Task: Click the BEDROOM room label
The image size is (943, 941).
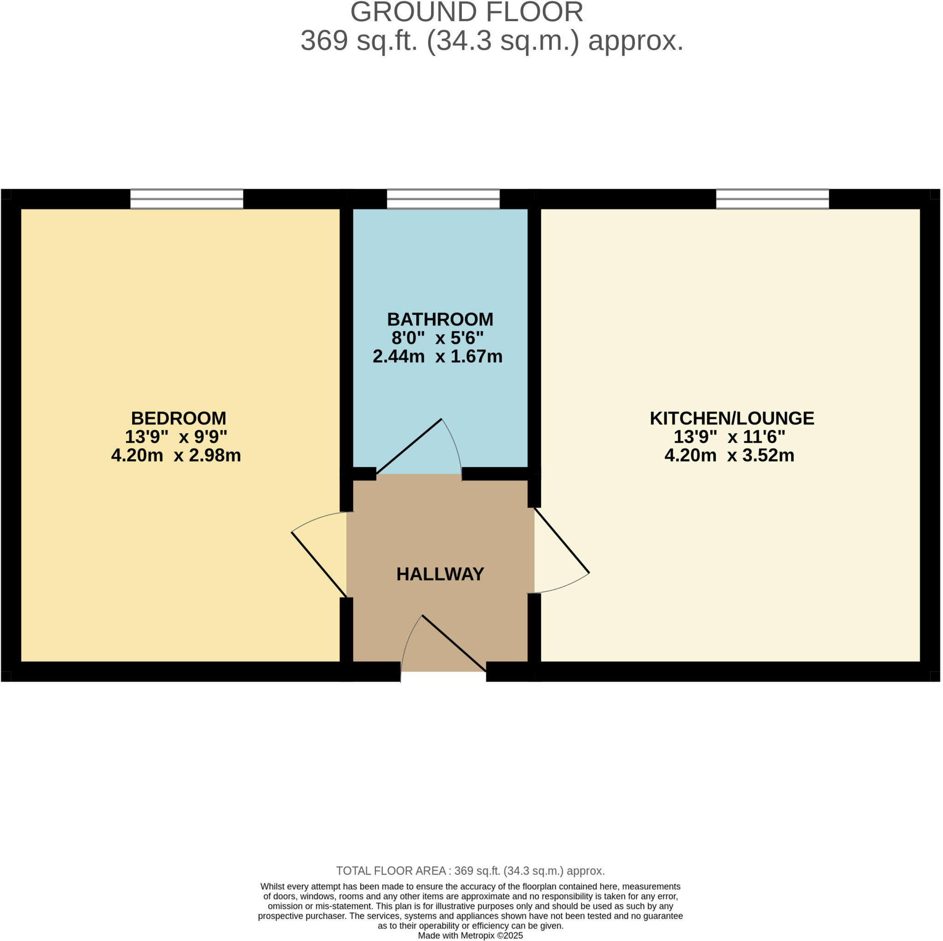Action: (x=179, y=419)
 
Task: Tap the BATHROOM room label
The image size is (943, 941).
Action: (x=440, y=319)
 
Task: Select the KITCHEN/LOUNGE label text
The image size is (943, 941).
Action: (x=732, y=419)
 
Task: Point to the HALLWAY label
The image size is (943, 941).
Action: (x=440, y=574)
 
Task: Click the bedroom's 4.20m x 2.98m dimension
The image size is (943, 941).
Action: (x=176, y=456)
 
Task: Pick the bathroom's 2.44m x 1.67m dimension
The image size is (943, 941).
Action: (x=437, y=357)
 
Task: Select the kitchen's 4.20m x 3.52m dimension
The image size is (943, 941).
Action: (x=729, y=456)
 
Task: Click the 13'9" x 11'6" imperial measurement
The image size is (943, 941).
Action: (x=729, y=437)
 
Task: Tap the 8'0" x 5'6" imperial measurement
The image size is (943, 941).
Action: (x=437, y=338)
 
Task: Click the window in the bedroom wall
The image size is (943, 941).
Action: (x=186, y=199)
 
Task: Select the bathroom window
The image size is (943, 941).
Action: (x=443, y=199)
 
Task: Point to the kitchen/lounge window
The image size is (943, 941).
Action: (x=772, y=199)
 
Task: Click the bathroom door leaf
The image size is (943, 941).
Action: (x=409, y=446)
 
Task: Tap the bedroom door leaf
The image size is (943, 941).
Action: (x=319, y=565)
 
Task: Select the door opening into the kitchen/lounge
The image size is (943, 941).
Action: (x=562, y=541)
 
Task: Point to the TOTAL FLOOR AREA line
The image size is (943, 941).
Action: (x=470, y=871)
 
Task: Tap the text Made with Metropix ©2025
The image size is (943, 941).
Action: (x=470, y=935)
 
